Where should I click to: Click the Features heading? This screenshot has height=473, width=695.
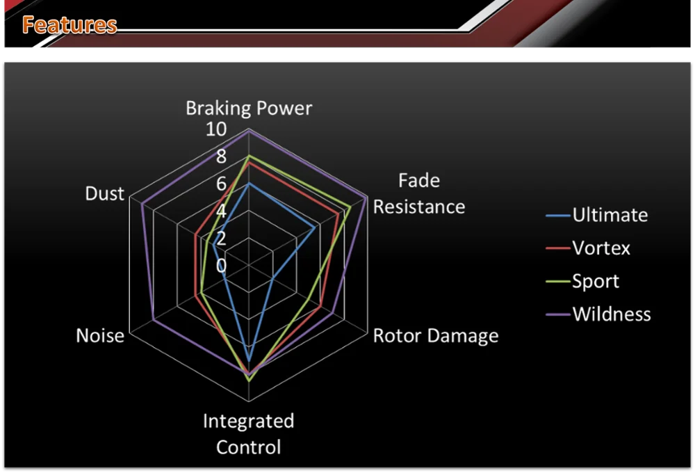click(69, 26)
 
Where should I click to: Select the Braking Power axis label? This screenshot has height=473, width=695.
click(249, 109)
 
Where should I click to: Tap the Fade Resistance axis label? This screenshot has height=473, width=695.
click(419, 194)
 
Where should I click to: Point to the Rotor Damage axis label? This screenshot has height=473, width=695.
click(436, 336)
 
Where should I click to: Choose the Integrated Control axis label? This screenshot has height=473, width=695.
click(249, 434)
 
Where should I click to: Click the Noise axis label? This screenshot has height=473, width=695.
click(100, 336)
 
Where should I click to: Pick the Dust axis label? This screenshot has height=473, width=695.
click(104, 194)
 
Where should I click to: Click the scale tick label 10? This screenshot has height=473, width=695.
click(216, 129)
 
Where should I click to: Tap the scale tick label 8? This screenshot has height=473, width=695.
click(221, 157)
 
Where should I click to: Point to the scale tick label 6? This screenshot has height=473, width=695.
click(221, 184)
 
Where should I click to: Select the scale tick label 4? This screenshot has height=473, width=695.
click(221, 211)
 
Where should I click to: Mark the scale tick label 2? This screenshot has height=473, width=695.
click(221, 239)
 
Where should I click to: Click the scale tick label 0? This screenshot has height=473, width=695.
click(221, 266)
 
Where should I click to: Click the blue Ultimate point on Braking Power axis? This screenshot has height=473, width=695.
click(249, 184)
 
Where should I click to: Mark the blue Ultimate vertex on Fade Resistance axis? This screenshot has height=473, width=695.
click(315, 227)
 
